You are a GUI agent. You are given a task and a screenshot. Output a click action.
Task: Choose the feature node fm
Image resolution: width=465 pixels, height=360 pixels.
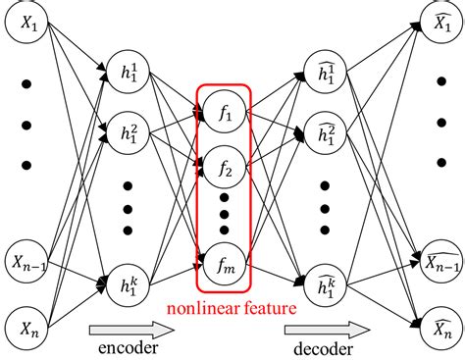tap(226, 260)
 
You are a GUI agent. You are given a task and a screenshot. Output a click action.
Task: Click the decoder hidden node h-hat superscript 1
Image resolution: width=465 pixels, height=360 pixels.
tap(323, 72)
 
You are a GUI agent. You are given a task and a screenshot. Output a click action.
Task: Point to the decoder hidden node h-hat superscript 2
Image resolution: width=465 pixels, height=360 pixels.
tap(323, 132)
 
